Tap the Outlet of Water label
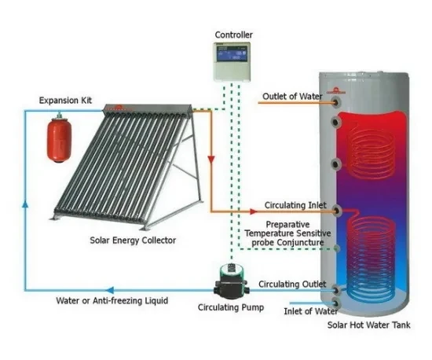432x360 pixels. pyautogui.click(x=293, y=97)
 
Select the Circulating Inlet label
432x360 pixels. pyautogui.click(x=290, y=211)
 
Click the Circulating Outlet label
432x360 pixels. pyautogui.click(x=291, y=284)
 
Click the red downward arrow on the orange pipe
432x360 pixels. pyautogui.click(x=211, y=160)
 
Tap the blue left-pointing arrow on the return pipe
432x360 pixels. pyautogui.click(x=109, y=288)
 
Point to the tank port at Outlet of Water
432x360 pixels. pyautogui.click(x=337, y=101)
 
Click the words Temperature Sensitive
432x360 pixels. pyautogui.click(x=288, y=233)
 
